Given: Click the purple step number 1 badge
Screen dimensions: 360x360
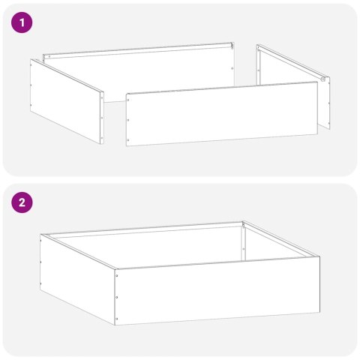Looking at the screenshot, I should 23,23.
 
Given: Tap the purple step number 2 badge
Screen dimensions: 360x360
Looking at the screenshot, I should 23,202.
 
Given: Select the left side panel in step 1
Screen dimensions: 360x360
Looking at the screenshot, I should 66,100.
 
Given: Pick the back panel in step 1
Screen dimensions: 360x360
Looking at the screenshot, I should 142,71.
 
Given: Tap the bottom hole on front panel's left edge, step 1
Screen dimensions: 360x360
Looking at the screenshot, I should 130,138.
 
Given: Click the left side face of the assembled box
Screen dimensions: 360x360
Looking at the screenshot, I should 75,277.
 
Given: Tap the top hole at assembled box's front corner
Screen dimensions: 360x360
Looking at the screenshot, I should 116,275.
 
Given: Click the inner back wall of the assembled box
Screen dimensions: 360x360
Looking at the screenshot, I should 150,244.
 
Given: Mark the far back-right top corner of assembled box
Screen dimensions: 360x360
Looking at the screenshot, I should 244,222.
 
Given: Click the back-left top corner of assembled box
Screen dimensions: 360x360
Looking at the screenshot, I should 41,235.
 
